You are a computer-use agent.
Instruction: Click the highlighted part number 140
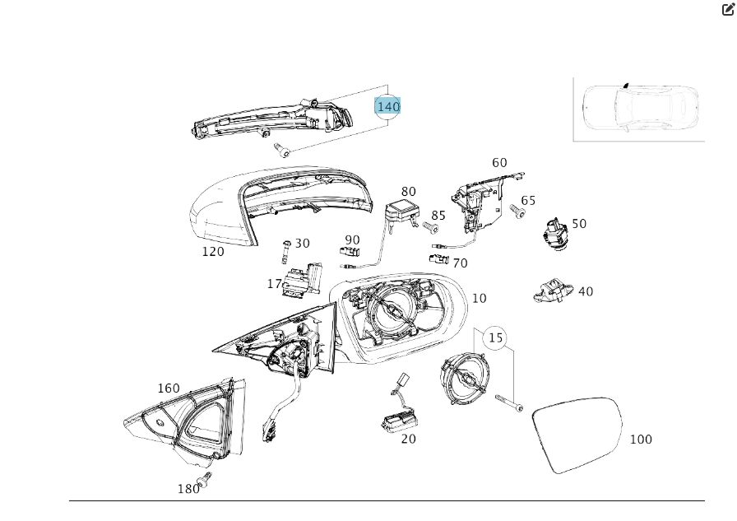(x=387, y=106)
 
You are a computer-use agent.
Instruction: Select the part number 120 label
(x=213, y=251)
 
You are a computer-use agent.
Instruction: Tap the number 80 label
(x=409, y=192)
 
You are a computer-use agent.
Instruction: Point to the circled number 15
(x=495, y=337)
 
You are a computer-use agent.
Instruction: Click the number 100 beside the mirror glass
(x=641, y=439)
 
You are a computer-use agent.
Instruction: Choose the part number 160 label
(x=169, y=388)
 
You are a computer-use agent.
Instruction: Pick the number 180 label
(x=188, y=489)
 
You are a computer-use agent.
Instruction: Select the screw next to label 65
(x=518, y=212)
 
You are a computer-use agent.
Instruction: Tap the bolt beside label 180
(x=204, y=479)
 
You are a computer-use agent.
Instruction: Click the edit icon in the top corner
(x=728, y=10)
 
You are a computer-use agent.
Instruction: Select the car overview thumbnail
(x=639, y=109)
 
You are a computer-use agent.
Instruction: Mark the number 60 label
(x=499, y=163)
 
